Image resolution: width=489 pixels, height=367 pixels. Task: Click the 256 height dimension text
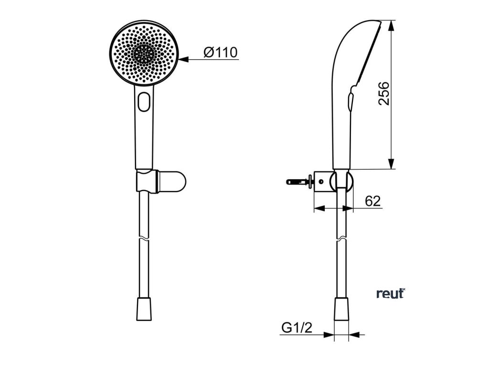384,94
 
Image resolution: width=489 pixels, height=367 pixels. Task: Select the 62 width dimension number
372,201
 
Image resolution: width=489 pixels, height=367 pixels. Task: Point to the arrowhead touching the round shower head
184,59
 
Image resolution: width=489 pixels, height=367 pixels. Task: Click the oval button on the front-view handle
143,101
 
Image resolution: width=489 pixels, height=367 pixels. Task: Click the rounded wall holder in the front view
167,183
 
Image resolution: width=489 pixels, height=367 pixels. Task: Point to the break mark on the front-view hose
143,239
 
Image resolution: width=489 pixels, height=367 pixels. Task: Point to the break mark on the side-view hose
341,238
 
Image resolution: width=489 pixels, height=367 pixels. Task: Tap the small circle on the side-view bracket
322,182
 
